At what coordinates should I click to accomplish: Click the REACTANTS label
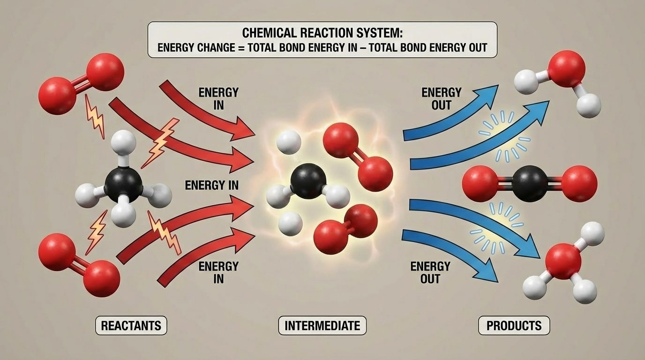pyautogui.click(x=131, y=325)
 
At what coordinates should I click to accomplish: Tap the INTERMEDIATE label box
pyautogui.click(x=322, y=325)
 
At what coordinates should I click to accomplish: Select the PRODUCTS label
pyautogui.click(x=514, y=325)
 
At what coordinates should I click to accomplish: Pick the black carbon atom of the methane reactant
pyautogui.click(x=123, y=184)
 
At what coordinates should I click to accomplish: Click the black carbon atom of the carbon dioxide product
pyautogui.click(x=530, y=184)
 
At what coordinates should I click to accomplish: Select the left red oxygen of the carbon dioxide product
pyautogui.click(x=480, y=184)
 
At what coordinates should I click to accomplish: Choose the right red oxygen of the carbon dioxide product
pyautogui.click(x=579, y=184)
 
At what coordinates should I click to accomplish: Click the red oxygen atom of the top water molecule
pyautogui.click(x=566, y=69)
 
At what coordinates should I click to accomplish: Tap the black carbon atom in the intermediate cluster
pyautogui.click(x=308, y=181)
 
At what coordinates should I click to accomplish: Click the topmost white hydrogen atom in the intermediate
pyautogui.click(x=289, y=142)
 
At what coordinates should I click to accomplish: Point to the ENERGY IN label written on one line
pyautogui.click(x=211, y=185)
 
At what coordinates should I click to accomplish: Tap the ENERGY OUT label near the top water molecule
pyautogui.click(x=441, y=98)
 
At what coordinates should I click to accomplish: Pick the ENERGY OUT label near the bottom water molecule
pyautogui.click(x=430, y=272)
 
